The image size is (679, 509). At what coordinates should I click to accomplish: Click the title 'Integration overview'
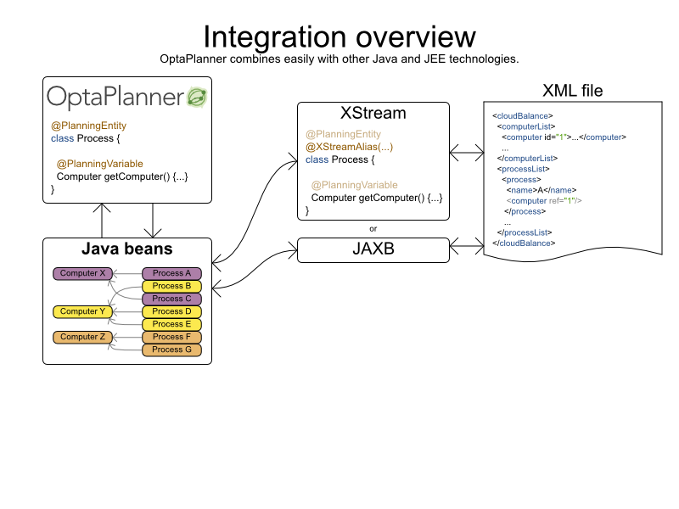[x=339, y=37]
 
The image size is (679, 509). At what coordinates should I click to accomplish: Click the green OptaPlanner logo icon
[x=197, y=97]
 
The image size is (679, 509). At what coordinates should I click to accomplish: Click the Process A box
[x=172, y=273]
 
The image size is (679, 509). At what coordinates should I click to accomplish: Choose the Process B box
[x=172, y=286]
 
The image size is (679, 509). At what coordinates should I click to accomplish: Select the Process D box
[x=172, y=311]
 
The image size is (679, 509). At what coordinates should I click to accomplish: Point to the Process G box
[x=172, y=350]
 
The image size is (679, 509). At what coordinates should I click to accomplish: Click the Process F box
[x=172, y=337]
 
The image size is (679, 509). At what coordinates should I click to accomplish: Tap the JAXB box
[x=373, y=249]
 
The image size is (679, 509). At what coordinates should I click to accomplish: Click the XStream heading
[x=373, y=114]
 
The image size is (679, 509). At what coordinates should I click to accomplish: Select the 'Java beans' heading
[x=127, y=249]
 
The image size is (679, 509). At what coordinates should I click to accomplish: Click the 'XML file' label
[x=573, y=91]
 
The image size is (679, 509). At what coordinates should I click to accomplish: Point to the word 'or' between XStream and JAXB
[x=373, y=227]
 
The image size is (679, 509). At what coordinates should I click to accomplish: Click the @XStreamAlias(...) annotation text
[x=350, y=147]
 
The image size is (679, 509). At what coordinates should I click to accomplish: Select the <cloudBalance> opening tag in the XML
[x=523, y=115]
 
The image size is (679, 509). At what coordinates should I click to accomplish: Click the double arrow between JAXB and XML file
[x=466, y=246]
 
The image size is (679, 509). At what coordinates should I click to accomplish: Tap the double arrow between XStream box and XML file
[x=466, y=152]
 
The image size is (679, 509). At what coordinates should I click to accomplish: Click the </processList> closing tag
[x=525, y=232]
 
